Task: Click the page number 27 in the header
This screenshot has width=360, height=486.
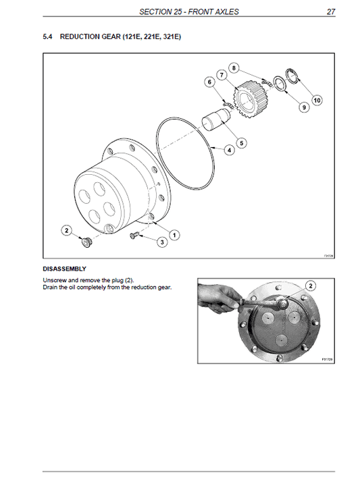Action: (331, 11)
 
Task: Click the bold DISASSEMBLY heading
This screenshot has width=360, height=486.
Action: (64, 268)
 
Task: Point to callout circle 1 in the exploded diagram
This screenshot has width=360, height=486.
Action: (174, 235)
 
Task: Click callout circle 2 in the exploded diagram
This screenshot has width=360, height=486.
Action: (66, 231)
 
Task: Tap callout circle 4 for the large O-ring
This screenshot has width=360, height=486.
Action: (230, 150)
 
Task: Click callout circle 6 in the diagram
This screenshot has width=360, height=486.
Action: (209, 82)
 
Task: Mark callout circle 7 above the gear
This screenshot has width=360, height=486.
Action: (222, 74)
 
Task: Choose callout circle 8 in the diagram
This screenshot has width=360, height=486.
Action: (234, 67)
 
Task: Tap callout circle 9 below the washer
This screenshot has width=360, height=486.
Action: (303, 107)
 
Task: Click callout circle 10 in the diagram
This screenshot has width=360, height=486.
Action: (317, 100)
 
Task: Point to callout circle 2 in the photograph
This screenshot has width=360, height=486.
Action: (310, 285)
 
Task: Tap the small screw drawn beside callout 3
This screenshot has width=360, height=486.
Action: (133, 234)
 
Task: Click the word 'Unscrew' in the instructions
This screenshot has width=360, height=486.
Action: (54, 279)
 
